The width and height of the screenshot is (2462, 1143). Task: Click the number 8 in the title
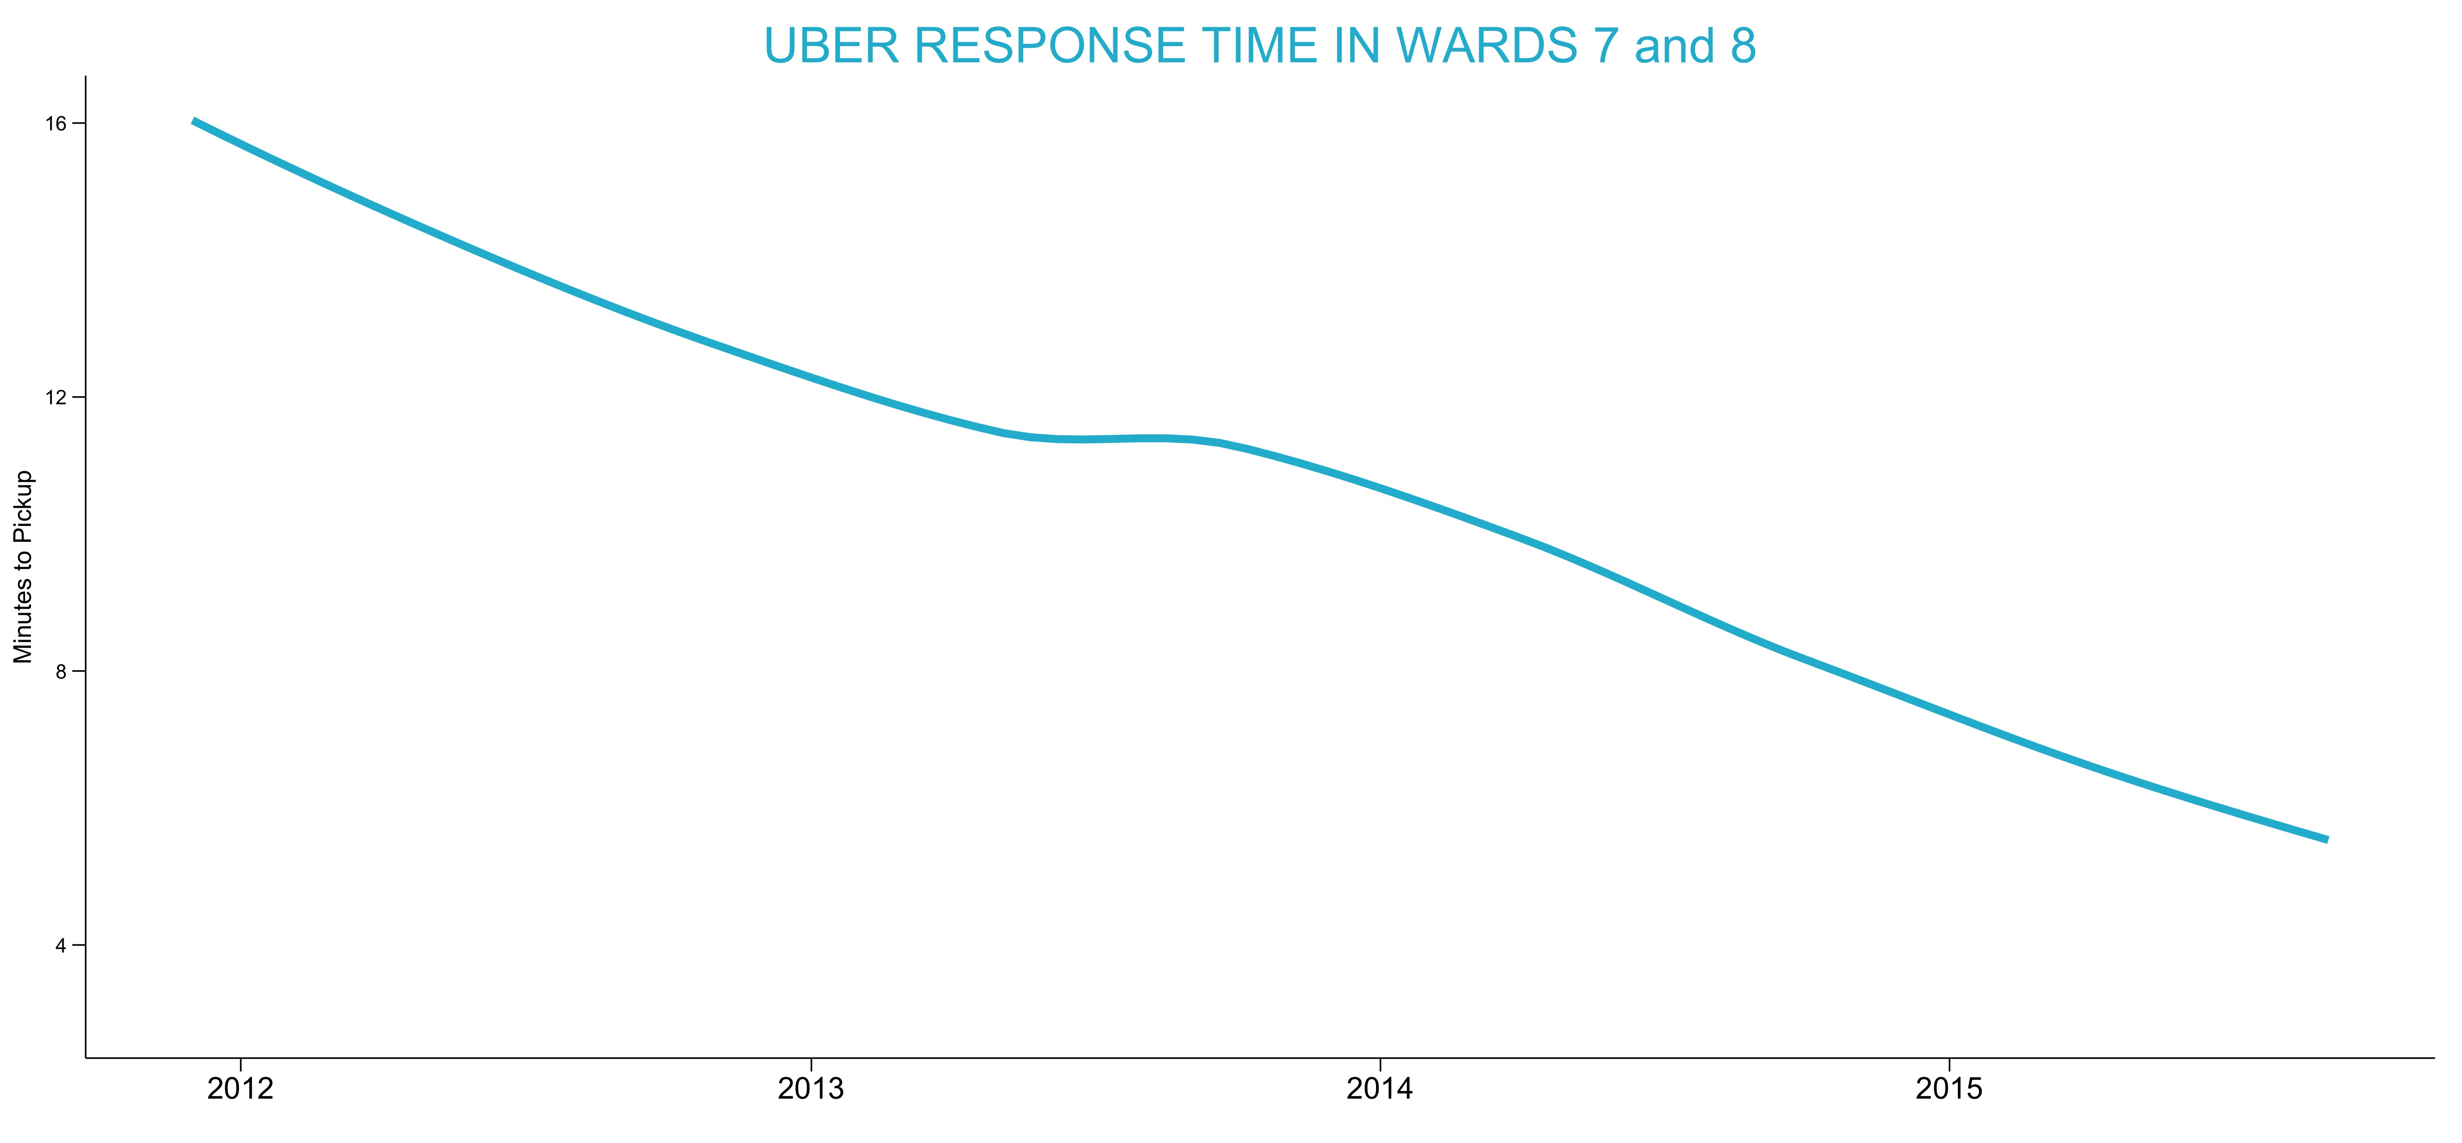click(1742, 46)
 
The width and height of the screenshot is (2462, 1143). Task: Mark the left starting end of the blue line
click(193, 121)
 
